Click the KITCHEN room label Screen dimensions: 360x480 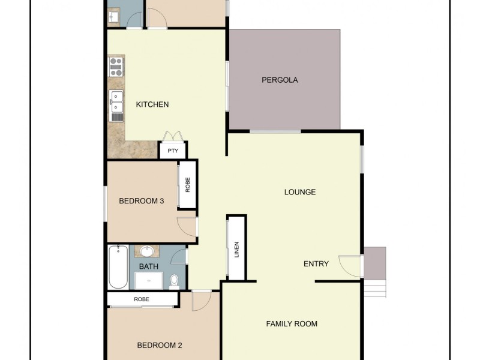(152, 104)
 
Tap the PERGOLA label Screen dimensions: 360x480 (280, 80)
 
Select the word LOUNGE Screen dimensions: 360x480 (299, 192)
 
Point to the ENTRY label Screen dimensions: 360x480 (316, 263)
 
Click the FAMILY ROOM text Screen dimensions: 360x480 (292, 324)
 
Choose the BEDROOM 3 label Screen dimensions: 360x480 (142, 201)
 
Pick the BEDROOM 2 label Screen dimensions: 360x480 (160, 345)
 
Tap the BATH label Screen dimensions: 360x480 (148, 266)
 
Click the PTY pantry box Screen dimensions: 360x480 (173, 151)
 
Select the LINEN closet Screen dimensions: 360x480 (236, 248)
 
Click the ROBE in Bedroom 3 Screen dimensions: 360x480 (188, 185)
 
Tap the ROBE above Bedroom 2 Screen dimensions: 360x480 (142, 299)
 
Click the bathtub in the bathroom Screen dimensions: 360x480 (118, 266)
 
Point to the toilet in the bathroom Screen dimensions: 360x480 (174, 280)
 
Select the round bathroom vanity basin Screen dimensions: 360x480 (147, 251)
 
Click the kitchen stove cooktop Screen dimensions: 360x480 (116, 66)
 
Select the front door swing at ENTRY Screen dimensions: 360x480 (349, 265)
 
